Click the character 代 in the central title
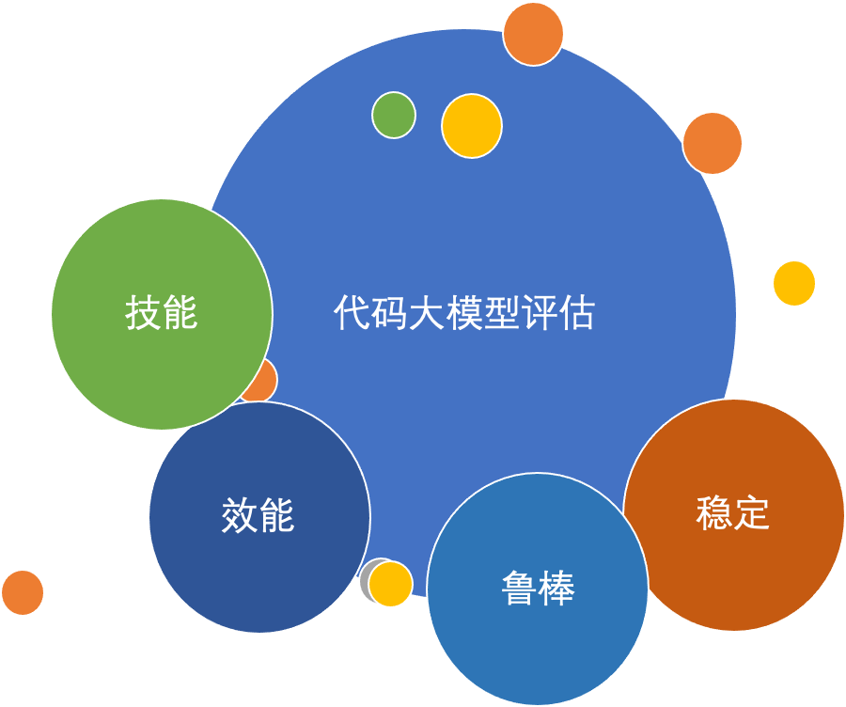[x=351, y=313]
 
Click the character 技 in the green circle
[x=143, y=313]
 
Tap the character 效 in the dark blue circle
[x=239, y=515]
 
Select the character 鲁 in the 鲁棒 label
[x=519, y=589]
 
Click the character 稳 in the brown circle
[x=714, y=512]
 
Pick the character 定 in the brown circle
[x=752, y=512]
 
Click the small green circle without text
[x=394, y=115]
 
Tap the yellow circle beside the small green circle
[x=472, y=126]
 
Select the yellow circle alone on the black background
[x=794, y=283]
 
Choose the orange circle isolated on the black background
[x=22, y=592]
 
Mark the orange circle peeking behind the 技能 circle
[x=264, y=381]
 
